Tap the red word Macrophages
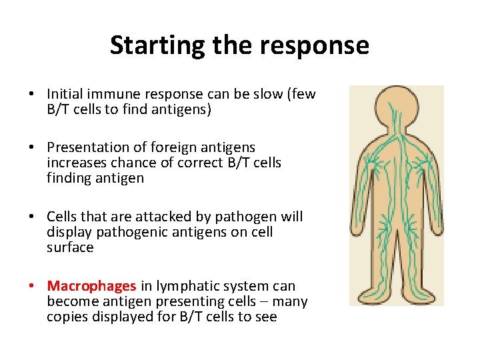pos(91,286)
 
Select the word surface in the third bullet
pos(70,247)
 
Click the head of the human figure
pos(396,107)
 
